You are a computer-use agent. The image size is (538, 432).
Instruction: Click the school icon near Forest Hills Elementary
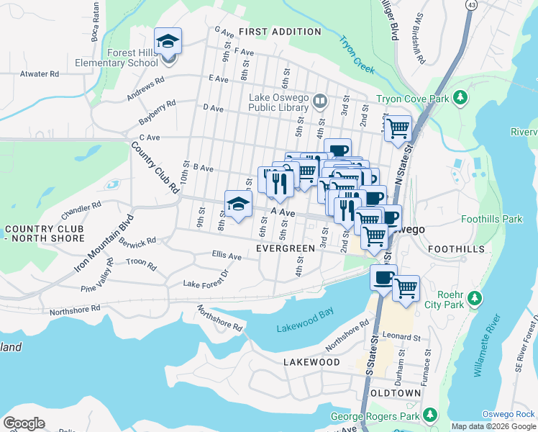(168, 41)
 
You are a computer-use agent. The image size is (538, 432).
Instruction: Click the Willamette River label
(487, 346)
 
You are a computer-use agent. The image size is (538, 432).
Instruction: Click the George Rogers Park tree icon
(430, 415)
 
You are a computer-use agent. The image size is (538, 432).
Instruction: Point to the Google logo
(24, 423)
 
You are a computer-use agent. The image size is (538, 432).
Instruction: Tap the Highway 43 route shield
(471, 5)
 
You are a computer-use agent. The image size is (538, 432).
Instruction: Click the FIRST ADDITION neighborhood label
(280, 32)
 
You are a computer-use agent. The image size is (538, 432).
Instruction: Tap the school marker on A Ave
(239, 204)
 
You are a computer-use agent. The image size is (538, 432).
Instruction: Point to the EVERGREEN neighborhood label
(286, 248)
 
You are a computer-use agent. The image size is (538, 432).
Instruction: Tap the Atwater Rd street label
(40, 73)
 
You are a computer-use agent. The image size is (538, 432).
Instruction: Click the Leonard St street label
(401, 336)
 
